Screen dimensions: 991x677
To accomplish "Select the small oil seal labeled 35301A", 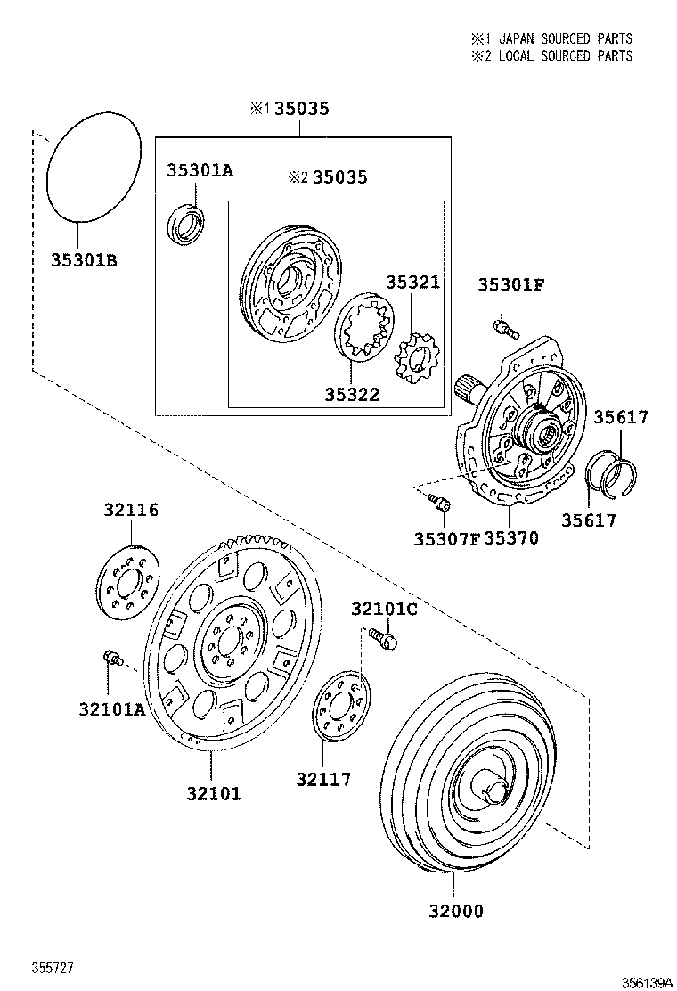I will [x=187, y=224].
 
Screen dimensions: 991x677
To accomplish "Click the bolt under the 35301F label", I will [x=504, y=327].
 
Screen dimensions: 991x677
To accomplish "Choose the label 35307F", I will [x=446, y=538].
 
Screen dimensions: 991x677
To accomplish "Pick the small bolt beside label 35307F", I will [x=438, y=503].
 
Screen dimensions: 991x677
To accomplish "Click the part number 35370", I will [x=511, y=538].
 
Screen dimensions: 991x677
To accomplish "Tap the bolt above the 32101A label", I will [x=112, y=659].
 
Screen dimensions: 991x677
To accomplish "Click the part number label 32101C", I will [x=384, y=609].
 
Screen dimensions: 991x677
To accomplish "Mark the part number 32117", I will [x=323, y=780].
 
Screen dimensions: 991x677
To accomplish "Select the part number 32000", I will [x=454, y=911].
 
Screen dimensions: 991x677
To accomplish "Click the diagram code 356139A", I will [x=647, y=981].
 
